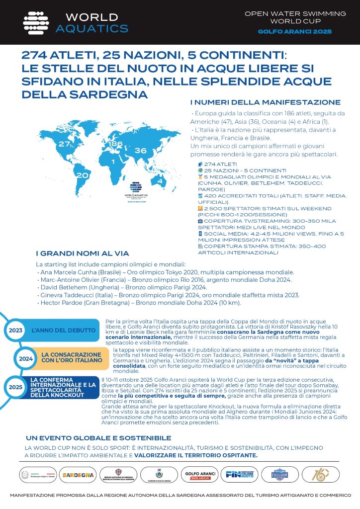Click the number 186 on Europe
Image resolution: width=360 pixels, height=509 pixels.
pos(116,145)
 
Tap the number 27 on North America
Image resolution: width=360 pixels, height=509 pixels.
pos(64,144)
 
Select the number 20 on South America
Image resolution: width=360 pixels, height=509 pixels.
pos(82,175)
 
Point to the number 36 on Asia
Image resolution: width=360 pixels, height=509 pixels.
pos(140,151)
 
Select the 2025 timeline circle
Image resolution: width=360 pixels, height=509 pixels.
pos(15,386)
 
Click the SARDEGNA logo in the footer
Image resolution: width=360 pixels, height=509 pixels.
pos(78,475)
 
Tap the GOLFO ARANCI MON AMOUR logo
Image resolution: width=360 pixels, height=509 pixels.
pos(198,475)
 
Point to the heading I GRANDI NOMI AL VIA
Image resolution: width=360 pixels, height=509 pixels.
pos(83,253)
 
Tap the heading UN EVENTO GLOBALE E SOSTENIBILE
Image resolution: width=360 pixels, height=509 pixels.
pos(98,438)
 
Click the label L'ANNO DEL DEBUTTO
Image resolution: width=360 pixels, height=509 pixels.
pos(63,330)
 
